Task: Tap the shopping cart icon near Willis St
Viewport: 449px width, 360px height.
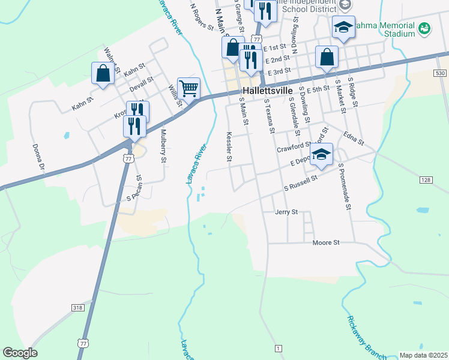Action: (188, 89)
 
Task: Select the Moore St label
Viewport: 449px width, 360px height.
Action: (326, 242)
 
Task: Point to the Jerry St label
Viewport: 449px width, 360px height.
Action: (286, 212)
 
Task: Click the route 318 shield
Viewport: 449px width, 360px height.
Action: (77, 307)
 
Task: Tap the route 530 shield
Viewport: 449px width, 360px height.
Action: (441, 73)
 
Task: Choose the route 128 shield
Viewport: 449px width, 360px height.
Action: (426, 180)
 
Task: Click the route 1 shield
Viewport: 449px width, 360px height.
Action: (278, 349)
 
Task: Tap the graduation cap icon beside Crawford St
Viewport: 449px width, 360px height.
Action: (321, 154)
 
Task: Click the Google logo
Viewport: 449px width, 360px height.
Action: (20, 353)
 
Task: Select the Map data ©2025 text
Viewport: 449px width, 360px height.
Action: (423, 355)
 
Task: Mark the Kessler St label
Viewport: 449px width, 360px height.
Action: (229, 147)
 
